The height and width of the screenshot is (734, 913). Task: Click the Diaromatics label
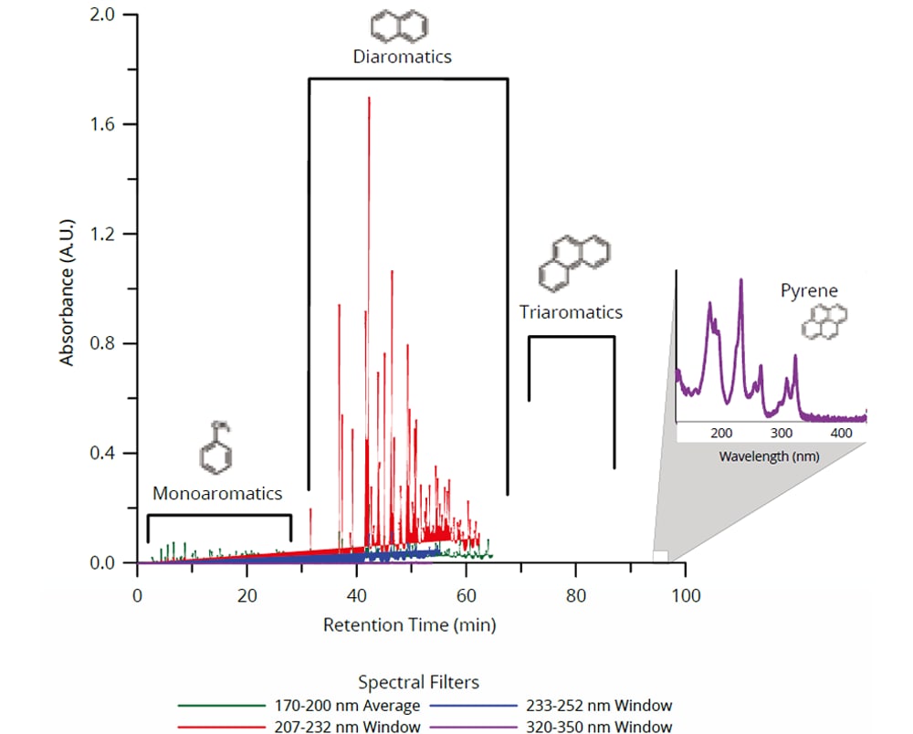402,57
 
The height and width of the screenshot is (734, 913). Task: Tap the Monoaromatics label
217,494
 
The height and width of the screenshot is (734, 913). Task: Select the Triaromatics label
571,312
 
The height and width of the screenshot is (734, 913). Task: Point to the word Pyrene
809,291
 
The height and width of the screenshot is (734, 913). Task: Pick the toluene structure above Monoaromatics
216,447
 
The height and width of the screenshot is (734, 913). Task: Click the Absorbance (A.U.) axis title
68,288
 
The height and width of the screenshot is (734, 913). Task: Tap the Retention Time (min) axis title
410,625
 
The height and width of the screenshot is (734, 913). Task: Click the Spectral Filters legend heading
418,682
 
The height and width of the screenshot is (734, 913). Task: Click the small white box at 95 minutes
660,556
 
